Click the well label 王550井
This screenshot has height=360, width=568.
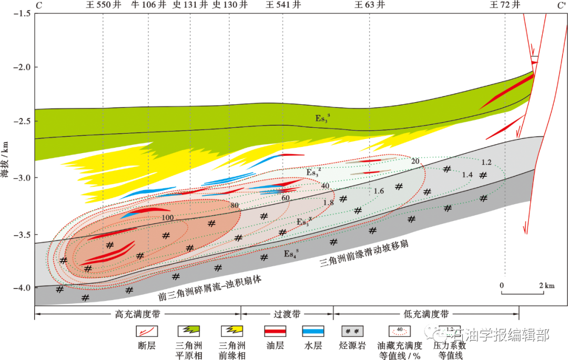[x=103, y=5]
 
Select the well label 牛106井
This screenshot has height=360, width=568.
[x=148, y=5]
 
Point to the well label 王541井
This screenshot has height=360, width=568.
[x=283, y=5]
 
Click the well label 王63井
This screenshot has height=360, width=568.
[x=369, y=5]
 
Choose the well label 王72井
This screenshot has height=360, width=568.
[x=505, y=5]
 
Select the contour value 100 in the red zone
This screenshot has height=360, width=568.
[x=168, y=217]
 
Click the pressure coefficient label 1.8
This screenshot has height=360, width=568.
[x=328, y=203]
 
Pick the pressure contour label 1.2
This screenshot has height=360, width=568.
[x=486, y=162]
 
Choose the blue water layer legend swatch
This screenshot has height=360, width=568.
[x=313, y=331]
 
